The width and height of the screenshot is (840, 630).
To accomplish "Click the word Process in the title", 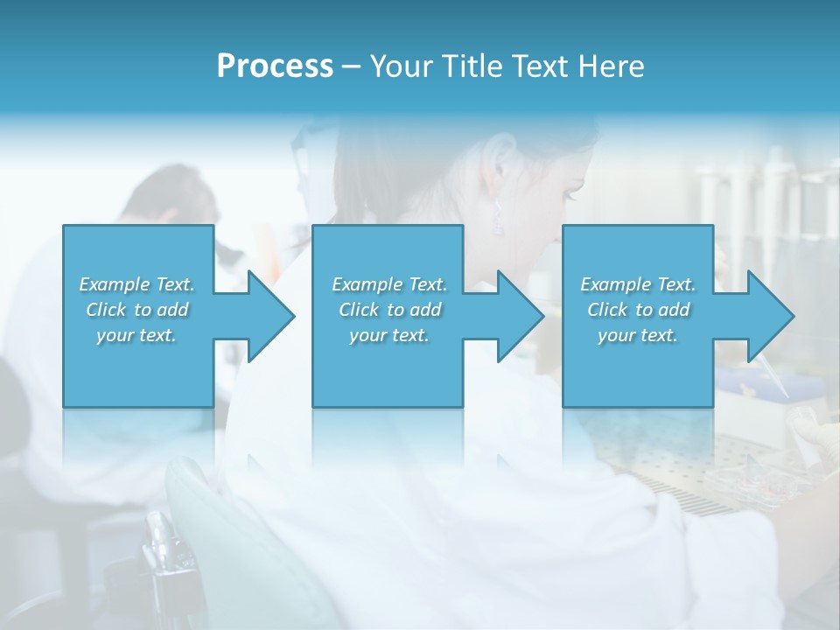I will point(275,66).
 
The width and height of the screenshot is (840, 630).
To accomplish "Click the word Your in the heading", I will point(403,66).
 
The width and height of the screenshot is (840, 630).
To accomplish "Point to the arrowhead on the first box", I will point(269,316).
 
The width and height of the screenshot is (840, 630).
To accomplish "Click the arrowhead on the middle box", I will point(518,316).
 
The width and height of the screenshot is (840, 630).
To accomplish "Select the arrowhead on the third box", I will point(768,316).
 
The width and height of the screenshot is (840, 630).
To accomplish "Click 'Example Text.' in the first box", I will point(136,284).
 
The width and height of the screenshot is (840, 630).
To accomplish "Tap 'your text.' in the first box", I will point(136,335).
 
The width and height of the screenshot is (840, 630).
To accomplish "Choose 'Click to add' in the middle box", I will point(389,310).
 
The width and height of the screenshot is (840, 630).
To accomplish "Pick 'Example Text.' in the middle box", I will point(389,284).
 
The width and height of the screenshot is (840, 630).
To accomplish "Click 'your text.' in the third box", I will point(638,335).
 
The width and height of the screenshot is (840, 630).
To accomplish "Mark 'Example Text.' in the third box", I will point(638,284).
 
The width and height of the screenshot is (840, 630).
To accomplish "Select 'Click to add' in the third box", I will point(638,310).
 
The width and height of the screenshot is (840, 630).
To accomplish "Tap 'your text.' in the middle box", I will point(389,335).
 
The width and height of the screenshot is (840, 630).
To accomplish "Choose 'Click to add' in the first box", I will point(136,310).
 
